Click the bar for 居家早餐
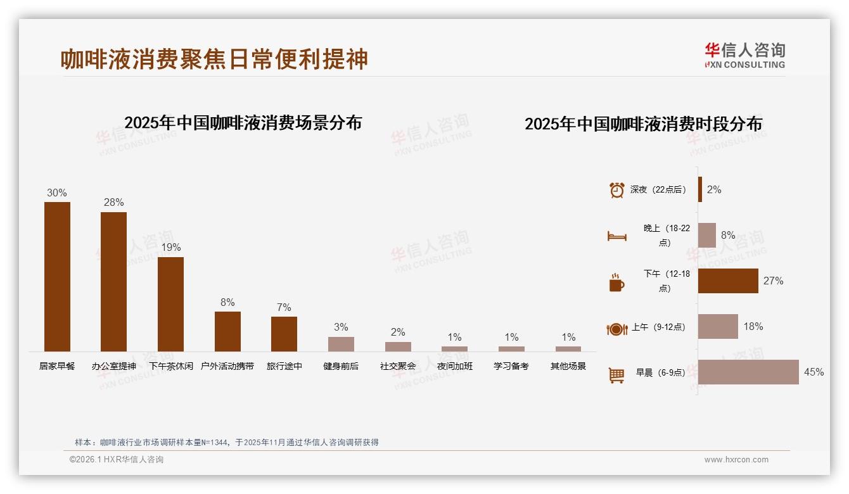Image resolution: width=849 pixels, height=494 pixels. (57, 277)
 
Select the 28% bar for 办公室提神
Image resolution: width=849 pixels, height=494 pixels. (113, 282)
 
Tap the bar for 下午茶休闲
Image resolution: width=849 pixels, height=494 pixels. (170, 304)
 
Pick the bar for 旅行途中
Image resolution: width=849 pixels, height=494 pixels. (284, 334)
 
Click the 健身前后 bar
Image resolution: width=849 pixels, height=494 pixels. (341, 344)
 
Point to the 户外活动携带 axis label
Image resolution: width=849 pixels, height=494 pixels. (227, 366)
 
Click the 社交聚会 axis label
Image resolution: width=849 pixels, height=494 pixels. (398, 366)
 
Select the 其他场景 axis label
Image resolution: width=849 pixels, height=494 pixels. (568, 366)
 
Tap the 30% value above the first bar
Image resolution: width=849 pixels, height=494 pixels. (57, 193)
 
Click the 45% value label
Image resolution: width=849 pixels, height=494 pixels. (814, 372)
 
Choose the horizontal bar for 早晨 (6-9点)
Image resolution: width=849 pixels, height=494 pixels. (748, 372)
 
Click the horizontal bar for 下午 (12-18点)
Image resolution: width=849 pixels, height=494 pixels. (728, 281)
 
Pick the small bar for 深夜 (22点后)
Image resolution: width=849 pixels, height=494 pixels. (700, 189)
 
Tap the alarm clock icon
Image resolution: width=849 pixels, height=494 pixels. (616, 190)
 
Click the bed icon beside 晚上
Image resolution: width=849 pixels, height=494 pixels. (616, 236)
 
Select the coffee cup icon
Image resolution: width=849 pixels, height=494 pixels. (616, 282)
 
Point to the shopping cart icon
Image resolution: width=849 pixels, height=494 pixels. (616, 375)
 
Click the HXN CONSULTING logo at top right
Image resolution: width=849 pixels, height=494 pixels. (744, 56)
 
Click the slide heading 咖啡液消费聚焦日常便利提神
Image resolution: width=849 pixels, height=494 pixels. (214, 59)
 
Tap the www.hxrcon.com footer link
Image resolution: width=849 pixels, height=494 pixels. (736, 460)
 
